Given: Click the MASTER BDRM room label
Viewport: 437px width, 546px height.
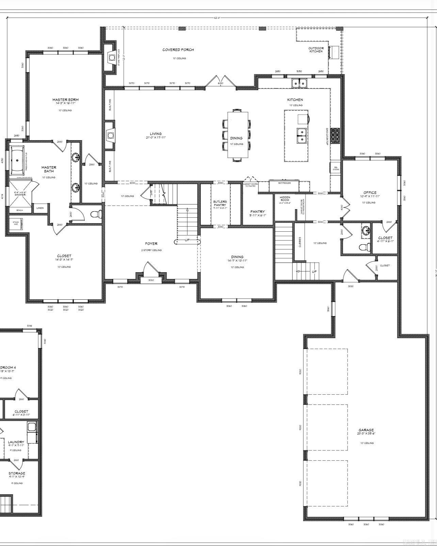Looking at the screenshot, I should click(65, 100).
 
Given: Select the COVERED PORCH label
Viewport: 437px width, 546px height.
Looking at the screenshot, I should click(178, 50).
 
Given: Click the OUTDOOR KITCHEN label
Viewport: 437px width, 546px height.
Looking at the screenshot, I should click(316, 50).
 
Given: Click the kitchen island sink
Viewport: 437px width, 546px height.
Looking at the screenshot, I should click(301, 135).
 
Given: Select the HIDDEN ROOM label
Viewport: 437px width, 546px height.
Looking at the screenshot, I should click(285, 199).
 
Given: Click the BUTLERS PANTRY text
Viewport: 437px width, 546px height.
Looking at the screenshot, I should click(220, 203).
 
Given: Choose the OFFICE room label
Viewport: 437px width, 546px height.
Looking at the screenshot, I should click(370, 193).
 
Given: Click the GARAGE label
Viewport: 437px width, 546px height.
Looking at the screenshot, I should click(366, 430).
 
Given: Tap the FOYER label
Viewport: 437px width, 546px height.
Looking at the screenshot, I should click(151, 244).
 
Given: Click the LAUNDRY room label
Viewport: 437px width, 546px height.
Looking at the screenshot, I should click(16, 442).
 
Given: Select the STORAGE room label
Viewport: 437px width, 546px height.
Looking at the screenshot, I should click(17, 473).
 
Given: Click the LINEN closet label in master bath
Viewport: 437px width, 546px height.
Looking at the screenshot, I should click(40, 208).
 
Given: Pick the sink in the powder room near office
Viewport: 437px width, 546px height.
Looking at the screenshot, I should click(366, 230).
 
